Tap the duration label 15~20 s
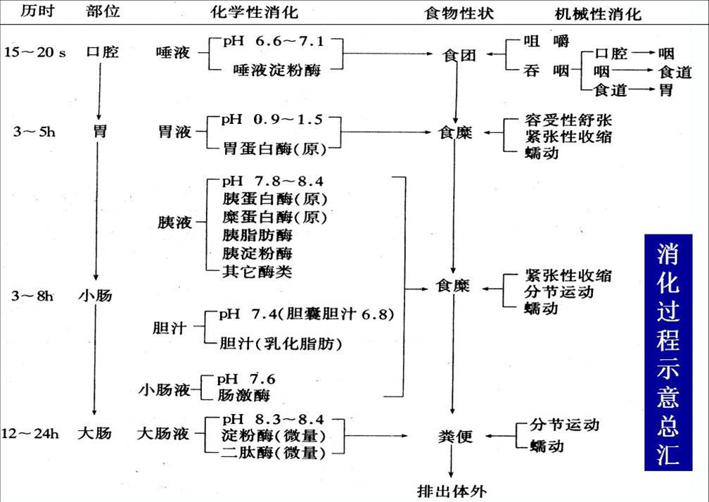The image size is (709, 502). click(35, 53)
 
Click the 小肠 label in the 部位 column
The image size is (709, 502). click(95, 296)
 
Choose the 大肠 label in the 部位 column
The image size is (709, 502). click(94, 433)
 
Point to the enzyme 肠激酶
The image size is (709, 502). click(243, 395)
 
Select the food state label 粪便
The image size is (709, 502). click(456, 437)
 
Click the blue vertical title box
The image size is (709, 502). click(668, 352)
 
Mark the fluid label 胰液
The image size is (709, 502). click(174, 222)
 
